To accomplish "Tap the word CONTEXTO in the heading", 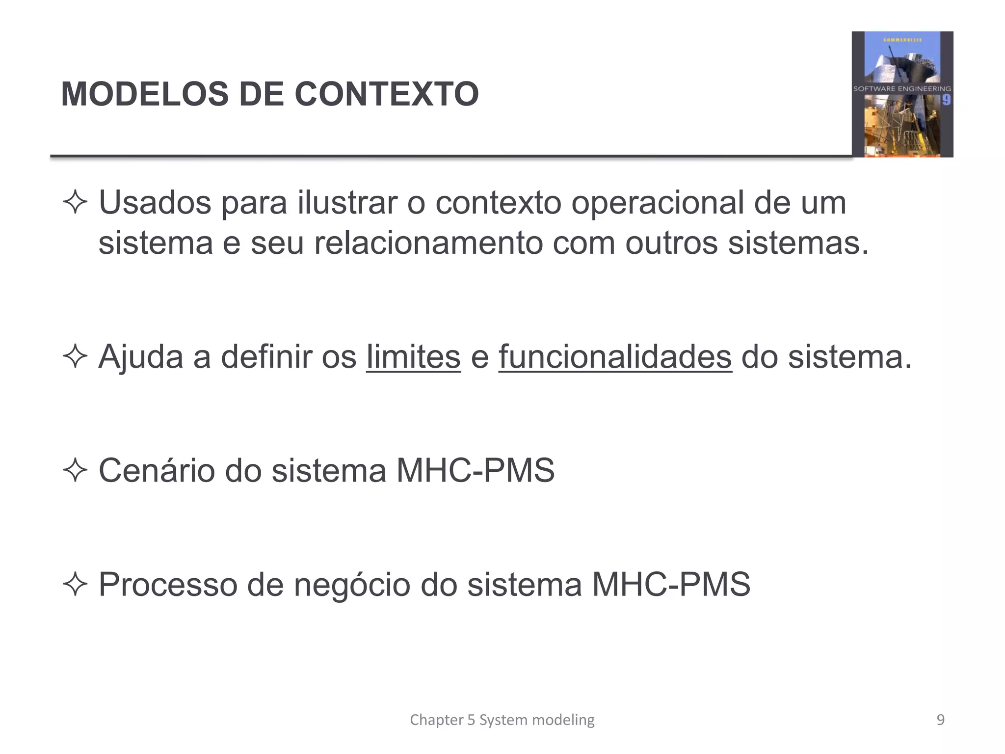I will tap(386, 94).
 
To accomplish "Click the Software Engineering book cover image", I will tap(902, 94).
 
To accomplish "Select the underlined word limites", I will tap(413, 356).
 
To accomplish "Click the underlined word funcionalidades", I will tap(615, 356).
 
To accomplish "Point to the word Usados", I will tap(155, 202).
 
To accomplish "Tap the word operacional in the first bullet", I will tap(657, 202).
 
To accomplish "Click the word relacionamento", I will tap(428, 242).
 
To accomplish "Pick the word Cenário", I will tap(157, 470).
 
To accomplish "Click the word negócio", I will tap(351, 584).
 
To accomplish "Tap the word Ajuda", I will tap(141, 356).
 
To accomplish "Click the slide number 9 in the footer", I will tap(940, 720).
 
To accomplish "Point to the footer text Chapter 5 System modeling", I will tap(502, 720).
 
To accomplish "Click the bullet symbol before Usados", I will tap(75, 202).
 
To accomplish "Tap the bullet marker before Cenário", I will tap(75, 470).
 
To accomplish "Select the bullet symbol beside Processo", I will tap(75, 584).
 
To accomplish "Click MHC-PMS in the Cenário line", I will tap(475, 470).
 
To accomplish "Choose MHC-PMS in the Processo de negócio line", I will tap(671, 584).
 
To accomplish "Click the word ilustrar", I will tap(348, 202).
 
